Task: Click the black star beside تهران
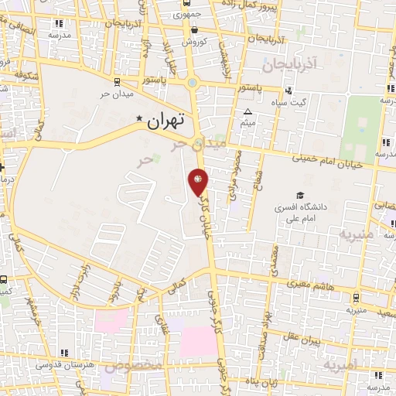click(x=139, y=118)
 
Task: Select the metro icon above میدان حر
click(x=116, y=81)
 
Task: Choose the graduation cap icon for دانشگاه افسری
click(x=298, y=196)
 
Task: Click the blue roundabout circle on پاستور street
click(x=191, y=84)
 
